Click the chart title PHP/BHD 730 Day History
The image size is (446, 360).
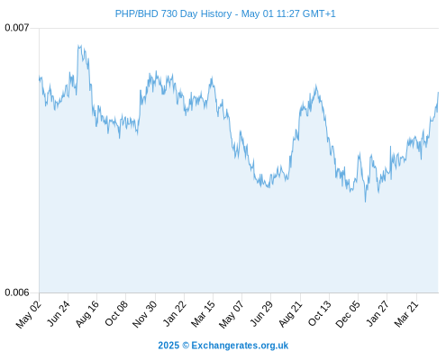click(173, 13)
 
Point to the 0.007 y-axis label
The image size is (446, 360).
click(17, 28)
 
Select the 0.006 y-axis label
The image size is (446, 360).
click(17, 292)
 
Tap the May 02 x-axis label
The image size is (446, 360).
click(28, 314)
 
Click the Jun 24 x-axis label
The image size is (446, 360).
click(59, 313)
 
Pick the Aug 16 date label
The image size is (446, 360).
click(87, 313)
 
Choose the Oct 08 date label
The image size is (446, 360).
click(116, 313)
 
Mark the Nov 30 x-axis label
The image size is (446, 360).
click(145, 314)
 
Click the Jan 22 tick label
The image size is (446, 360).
click(175, 313)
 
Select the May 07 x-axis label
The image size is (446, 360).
click(232, 314)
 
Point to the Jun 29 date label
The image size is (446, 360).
click(261, 313)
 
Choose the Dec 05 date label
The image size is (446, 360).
click(348, 314)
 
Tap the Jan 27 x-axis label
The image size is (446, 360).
click(378, 313)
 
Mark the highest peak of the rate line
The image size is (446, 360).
click(78, 45)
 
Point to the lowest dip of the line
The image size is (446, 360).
click(365, 202)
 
